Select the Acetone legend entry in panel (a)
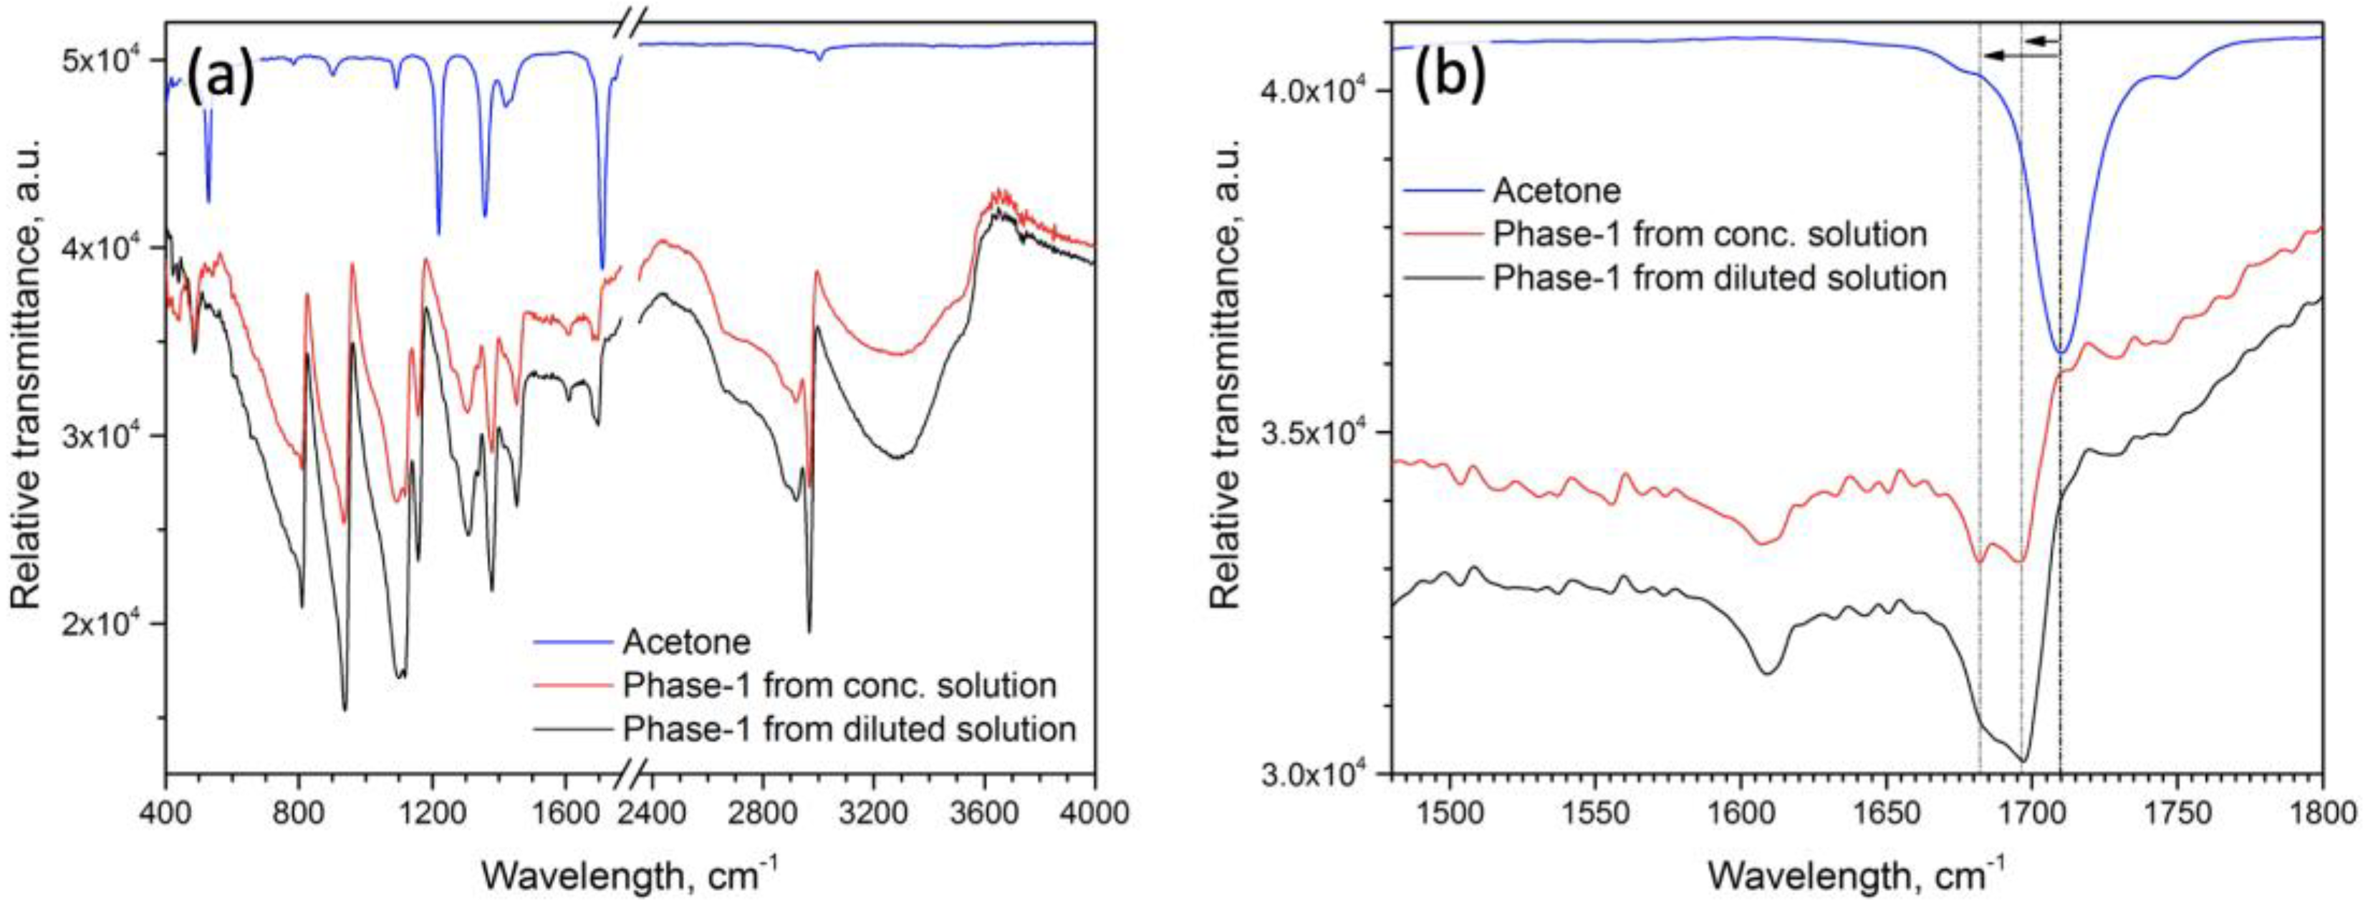(685, 641)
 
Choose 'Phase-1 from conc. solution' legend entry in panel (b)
(1709, 234)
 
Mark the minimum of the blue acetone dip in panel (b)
(2060, 352)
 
